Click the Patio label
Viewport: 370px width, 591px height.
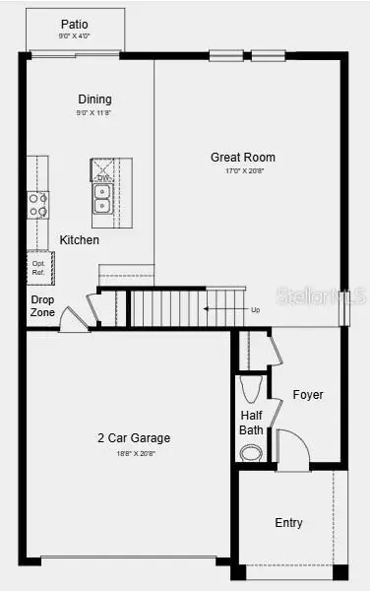(75, 24)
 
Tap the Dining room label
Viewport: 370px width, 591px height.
(95, 98)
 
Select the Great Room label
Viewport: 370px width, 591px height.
(242, 157)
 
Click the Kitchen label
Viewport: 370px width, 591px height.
(79, 239)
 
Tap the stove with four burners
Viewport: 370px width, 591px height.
(38, 205)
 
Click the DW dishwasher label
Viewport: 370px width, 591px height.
(102, 177)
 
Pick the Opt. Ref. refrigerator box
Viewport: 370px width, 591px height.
(39, 267)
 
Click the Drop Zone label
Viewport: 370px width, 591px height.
(42, 305)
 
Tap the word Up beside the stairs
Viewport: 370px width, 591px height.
(256, 309)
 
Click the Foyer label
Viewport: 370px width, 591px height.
(307, 394)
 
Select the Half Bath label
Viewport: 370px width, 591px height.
(251, 423)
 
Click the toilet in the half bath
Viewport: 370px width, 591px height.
(252, 384)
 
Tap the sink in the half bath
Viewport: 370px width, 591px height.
(251, 453)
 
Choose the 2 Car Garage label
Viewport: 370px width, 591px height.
(133, 437)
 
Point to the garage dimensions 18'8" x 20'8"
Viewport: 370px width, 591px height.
(133, 453)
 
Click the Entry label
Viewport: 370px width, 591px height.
(288, 522)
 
